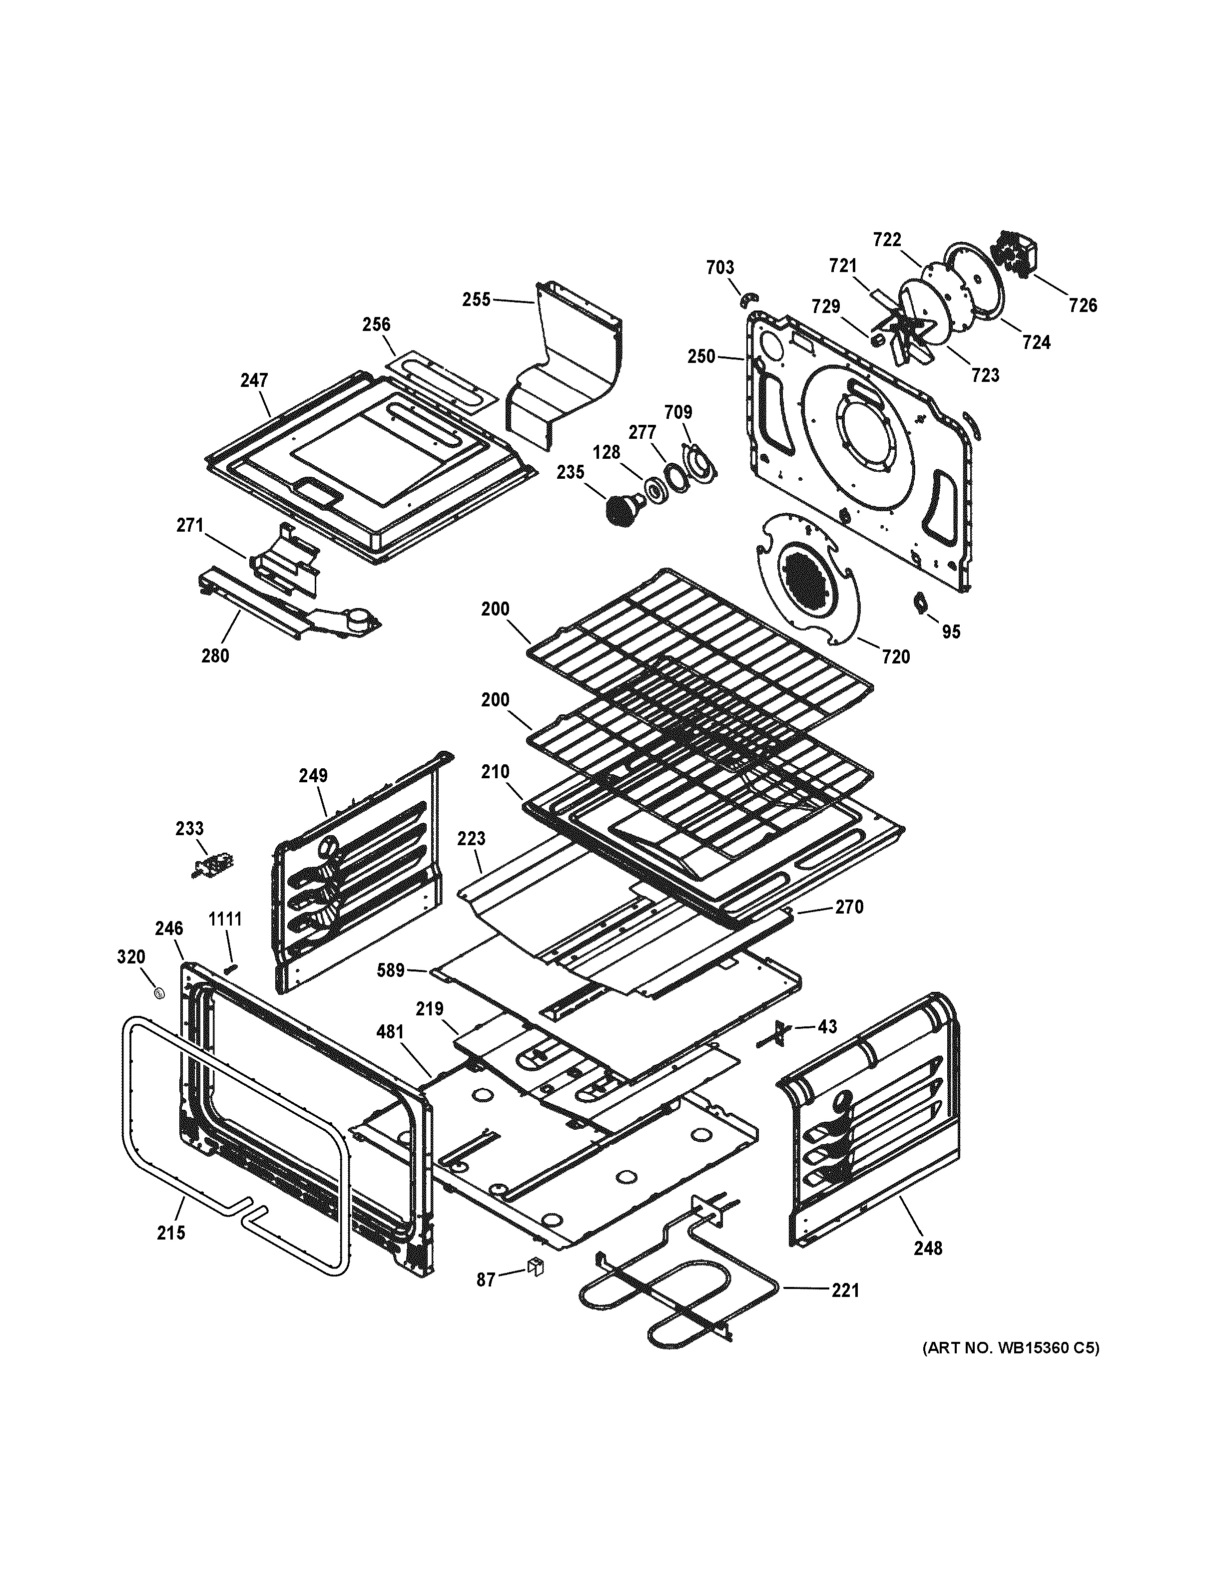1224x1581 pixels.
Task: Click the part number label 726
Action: [x=1082, y=306]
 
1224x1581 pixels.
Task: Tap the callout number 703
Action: [x=720, y=268]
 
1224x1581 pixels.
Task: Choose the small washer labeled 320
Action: [x=158, y=992]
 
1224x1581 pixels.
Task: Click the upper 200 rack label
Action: [x=496, y=609]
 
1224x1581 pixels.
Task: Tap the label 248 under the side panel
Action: [x=928, y=1248]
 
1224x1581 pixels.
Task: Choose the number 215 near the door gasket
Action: [x=171, y=1232]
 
